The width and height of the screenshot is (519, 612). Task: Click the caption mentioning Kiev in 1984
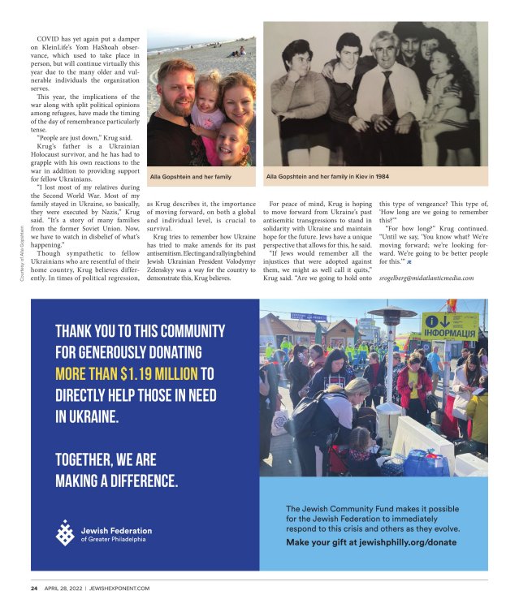coord(325,175)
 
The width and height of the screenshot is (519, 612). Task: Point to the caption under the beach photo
coord(190,175)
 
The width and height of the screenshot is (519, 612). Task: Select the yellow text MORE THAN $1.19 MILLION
coord(126,374)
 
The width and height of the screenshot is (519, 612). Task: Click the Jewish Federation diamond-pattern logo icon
coord(64,533)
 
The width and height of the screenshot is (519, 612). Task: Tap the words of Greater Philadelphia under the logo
coord(115,539)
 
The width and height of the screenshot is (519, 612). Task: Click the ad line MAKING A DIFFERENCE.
coord(116,481)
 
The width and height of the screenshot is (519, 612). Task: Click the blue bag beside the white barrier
coord(426,463)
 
